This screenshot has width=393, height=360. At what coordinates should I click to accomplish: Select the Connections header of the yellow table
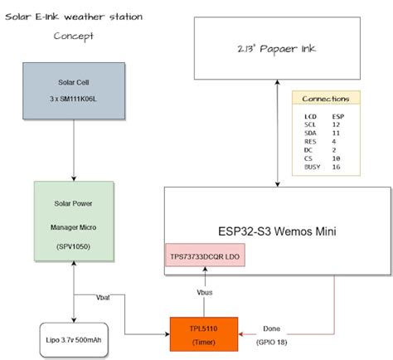click(326, 99)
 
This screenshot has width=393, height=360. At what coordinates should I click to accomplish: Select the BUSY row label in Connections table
click(312, 166)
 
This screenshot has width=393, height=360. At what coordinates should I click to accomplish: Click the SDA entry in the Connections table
click(310, 133)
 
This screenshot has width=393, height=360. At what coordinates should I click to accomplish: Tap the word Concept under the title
click(74, 36)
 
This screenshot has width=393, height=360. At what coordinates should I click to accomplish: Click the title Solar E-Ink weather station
click(73, 17)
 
